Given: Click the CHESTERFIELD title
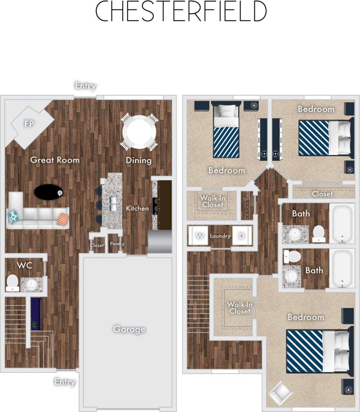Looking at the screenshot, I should [181, 11].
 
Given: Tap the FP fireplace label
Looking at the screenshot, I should [29, 124].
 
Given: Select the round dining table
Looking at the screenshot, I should [139, 132].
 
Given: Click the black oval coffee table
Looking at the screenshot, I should [48, 192].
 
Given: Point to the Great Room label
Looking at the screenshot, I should [55, 160].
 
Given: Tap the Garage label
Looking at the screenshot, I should [129, 329].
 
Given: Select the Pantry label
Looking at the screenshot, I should [117, 244].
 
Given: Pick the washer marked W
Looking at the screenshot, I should [200, 236].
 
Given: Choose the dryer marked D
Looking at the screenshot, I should [241, 236].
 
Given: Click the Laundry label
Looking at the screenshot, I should [220, 236].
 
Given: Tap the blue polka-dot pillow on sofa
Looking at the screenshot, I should [13, 216].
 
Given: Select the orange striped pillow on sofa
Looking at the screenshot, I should [63, 219].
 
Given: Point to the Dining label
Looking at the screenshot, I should [139, 160].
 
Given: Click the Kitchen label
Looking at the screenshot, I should [137, 208].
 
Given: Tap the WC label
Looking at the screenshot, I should [24, 265].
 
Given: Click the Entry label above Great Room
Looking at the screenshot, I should [85, 86].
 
